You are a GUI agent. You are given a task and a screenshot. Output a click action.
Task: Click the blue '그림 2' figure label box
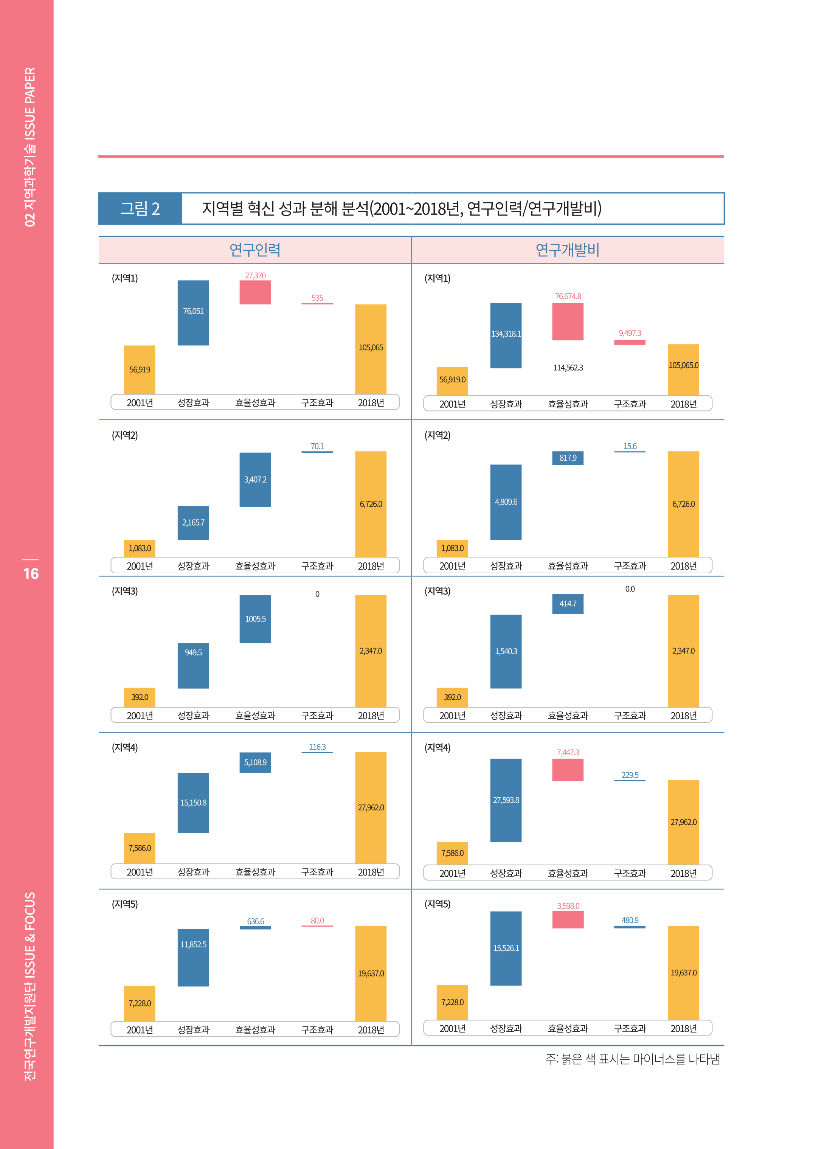click(140, 208)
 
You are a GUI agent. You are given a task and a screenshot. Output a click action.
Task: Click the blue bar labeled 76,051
click(193, 313)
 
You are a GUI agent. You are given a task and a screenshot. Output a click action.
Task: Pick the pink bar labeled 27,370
click(255, 292)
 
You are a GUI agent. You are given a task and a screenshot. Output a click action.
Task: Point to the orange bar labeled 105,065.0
click(683, 370)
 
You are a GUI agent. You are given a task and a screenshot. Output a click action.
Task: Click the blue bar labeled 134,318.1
click(506, 335)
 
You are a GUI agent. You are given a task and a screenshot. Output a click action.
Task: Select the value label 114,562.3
click(568, 368)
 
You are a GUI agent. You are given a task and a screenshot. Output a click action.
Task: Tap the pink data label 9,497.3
click(630, 333)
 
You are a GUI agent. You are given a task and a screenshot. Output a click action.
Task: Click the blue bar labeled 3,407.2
click(255, 480)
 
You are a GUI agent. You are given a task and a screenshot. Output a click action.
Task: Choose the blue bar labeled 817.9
click(568, 458)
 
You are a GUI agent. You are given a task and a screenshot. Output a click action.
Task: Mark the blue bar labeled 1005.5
click(255, 619)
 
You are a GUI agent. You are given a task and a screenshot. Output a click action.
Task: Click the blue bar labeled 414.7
click(568, 604)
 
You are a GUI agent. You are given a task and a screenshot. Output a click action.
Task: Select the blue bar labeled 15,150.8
click(193, 803)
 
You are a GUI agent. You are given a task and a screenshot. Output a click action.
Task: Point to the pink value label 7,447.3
click(568, 753)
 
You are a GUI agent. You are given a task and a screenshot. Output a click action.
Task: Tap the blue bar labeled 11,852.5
click(193, 957)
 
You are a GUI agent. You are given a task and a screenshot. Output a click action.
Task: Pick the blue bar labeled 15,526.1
click(506, 948)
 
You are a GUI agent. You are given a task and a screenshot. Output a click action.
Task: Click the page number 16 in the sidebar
click(31, 574)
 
